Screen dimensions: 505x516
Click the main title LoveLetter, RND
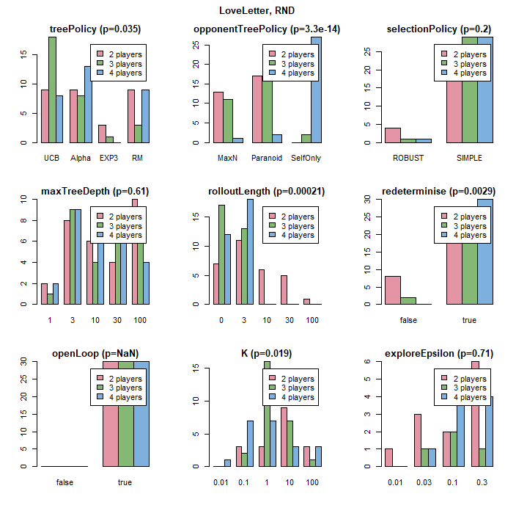(257, 11)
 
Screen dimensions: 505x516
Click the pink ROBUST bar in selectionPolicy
(393, 135)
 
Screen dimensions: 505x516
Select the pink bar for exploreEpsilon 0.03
(417, 440)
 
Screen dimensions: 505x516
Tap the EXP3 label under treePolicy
(108, 158)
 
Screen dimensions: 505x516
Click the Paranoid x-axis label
(267, 158)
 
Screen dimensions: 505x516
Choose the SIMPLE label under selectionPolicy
(469, 158)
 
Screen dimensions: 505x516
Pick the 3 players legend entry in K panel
(293, 388)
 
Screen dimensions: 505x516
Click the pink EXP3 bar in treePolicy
(103, 134)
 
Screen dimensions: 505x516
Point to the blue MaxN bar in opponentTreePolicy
(238, 140)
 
